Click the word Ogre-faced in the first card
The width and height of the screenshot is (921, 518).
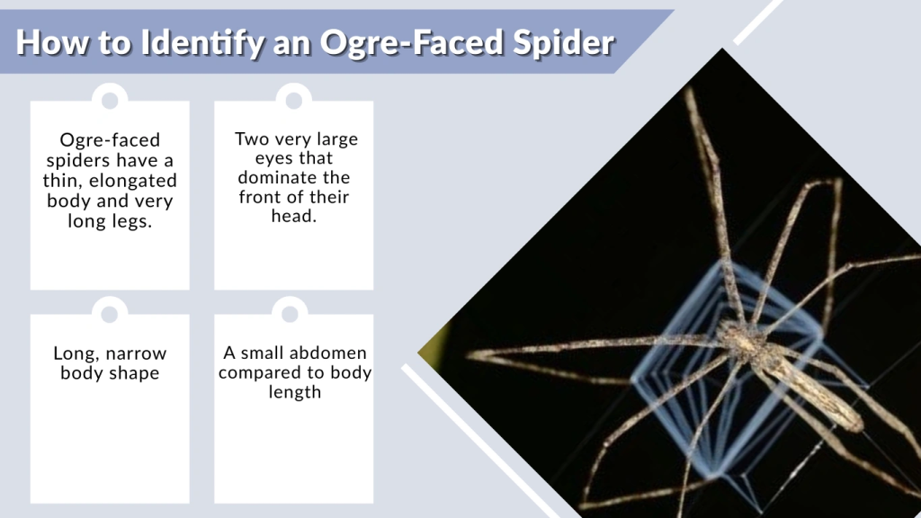pyautogui.click(x=110, y=140)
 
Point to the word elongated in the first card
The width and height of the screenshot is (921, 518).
pyautogui.click(x=134, y=181)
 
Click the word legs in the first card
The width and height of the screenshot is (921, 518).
pyautogui.click(x=130, y=221)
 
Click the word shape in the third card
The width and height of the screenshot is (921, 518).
pyautogui.click(x=134, y=372)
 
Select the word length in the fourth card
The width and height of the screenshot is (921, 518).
pyautogui.click(x=294, y=392)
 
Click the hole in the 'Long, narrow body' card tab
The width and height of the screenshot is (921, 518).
pyautogui.click(x=110, y=314)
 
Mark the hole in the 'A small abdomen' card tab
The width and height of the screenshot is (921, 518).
pyautogui.click(x=291, y=313)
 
